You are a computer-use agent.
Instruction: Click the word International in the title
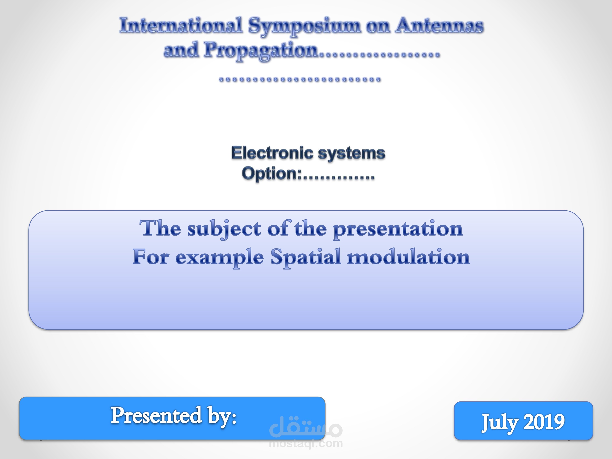click(181, 25)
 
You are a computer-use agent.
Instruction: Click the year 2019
click(544, 422)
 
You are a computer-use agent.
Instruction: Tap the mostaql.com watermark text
click(306, 443)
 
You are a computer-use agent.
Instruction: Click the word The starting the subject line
click(161, 228)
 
